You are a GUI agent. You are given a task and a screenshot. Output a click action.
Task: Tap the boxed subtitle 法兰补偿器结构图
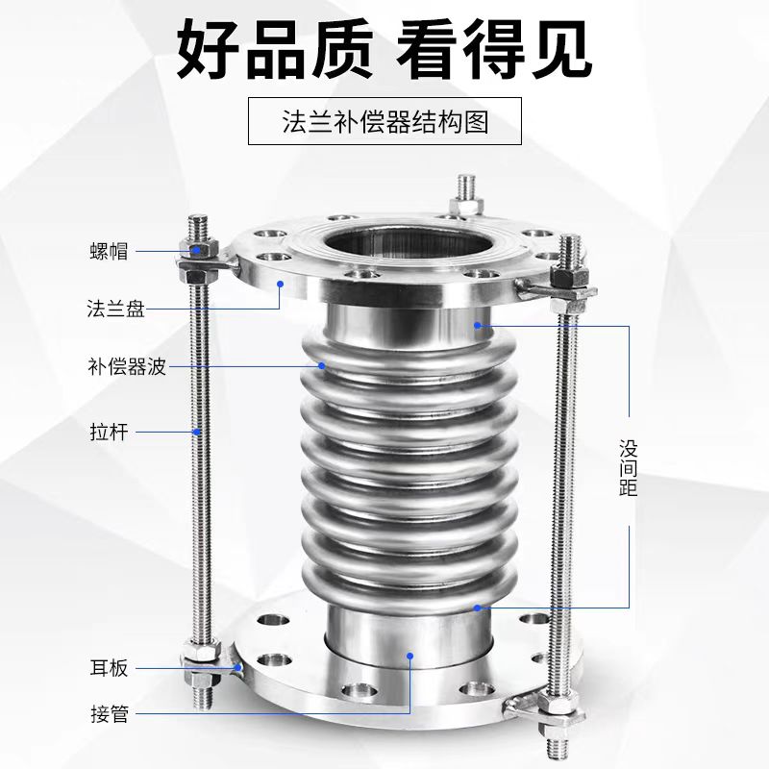pyautogui.click(x=384, y=123)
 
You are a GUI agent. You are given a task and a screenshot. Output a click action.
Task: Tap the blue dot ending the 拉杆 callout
pyautogui.click(x=198, y=432)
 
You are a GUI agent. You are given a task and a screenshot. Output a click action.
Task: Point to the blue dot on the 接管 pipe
pyautogui.click(x=410, y=657)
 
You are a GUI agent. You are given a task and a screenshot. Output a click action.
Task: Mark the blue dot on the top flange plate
pyautogui.click(x=280, y=283)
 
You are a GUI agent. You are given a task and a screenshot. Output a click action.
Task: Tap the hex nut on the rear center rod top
pyautogui.click(x=470, y=203)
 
